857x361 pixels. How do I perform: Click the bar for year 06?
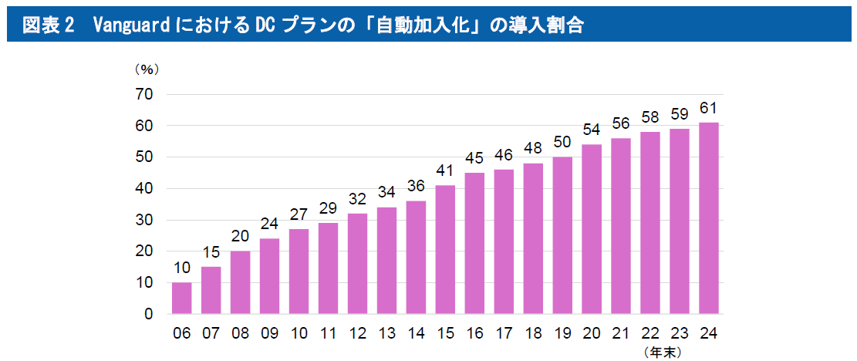[182, 299]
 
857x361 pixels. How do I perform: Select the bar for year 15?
[445, 250]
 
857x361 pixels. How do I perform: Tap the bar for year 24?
[709, 218]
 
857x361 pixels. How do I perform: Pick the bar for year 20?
[592, 229]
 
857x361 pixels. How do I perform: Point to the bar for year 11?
[328, 268]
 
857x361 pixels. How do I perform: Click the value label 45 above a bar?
[474, 158]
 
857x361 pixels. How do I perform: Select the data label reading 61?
[709, 107]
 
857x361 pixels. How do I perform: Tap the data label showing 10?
[182, 268]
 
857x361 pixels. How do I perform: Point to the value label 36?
[416, 186]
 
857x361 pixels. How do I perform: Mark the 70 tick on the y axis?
[145, 94]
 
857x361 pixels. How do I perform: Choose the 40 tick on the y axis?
[145, 189]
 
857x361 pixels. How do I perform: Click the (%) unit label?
[146, 69]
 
